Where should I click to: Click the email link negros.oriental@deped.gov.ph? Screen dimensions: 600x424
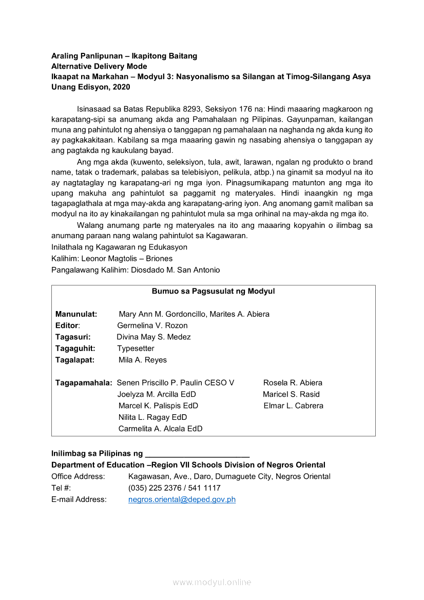182,499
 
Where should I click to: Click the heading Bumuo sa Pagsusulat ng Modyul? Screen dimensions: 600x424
213,292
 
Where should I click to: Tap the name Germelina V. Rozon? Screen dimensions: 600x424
152,325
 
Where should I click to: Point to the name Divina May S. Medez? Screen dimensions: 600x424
153,337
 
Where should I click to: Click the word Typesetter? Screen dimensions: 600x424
136,349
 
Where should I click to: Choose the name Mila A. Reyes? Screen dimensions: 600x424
143,360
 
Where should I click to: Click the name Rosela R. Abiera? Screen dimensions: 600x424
293,383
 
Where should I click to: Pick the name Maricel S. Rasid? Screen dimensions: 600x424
291,394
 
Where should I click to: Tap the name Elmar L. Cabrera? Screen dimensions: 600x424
294,405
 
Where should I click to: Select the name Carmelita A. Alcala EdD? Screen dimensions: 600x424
160,429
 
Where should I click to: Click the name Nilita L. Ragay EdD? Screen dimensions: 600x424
152,417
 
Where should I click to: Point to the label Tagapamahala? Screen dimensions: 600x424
84,383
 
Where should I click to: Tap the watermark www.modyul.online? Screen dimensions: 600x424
212,583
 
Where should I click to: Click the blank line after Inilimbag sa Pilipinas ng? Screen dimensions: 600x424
198,455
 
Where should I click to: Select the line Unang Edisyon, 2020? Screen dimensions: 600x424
91,87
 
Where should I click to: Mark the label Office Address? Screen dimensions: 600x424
78,477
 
